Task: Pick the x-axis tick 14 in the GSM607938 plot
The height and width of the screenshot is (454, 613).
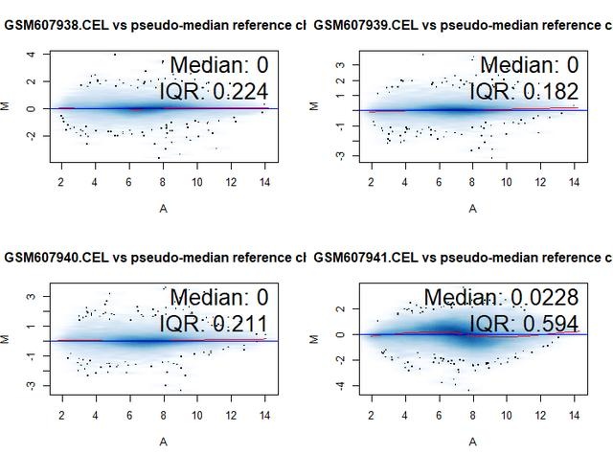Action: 264,181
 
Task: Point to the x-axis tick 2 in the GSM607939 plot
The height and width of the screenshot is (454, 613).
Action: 372,181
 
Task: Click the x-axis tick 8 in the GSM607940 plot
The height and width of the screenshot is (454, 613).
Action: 163,415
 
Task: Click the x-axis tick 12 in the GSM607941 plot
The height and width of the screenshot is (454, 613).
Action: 540,415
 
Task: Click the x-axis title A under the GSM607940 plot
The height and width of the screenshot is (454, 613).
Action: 163,440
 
